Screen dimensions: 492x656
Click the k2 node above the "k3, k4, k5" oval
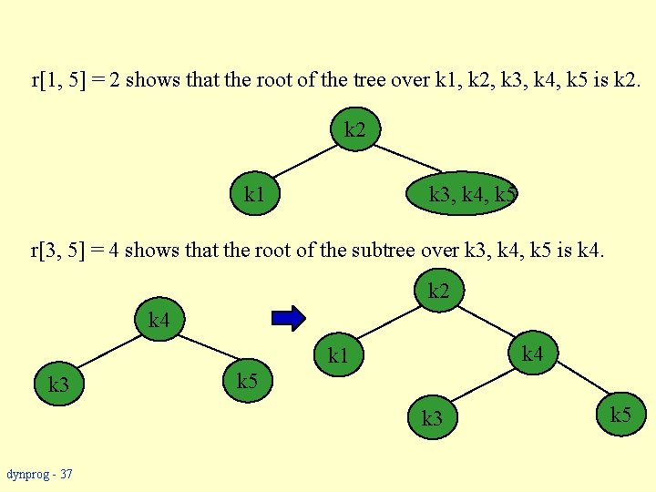point(355,130)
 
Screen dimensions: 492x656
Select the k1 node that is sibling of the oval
point(254,194)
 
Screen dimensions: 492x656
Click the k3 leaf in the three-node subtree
point(58,384)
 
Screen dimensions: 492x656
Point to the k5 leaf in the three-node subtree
point(247,380)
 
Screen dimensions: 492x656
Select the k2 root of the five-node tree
point(438,292)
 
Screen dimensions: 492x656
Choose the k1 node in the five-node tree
point(338,354)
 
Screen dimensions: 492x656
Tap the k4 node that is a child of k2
point(533,352)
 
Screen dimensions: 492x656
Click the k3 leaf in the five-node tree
point(432,418)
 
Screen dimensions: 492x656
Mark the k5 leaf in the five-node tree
point(620,415)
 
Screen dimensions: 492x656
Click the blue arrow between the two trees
point(289,318)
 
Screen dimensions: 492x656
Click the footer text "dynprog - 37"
point(39,474)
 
